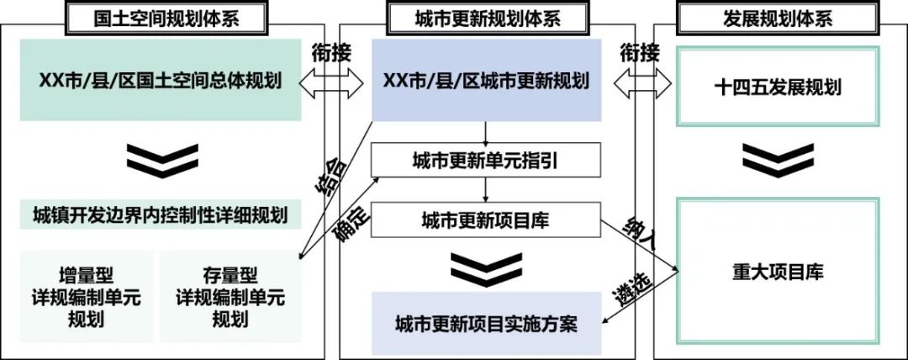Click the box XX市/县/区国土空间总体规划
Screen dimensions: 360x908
[x=160, y=82]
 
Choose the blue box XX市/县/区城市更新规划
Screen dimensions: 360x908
[x=487, y=82]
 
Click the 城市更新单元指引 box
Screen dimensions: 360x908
[x=487, y=160]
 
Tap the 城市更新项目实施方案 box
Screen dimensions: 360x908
[x=487, y=323]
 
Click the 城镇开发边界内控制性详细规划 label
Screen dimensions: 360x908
[x=160, y=215]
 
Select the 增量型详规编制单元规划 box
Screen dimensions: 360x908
[x=87, y=296]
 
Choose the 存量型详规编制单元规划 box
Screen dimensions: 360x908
[x=230, y=296]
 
